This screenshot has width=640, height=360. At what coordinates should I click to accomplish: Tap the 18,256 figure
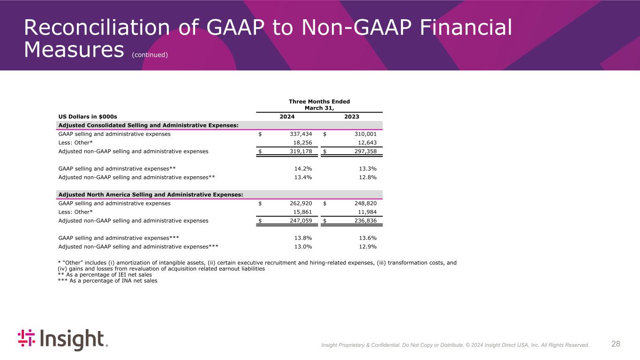click(300, 143)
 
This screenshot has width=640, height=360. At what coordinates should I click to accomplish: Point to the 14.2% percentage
click(302, 169)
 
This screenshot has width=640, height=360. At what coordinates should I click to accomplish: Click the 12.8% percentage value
click(367, 178)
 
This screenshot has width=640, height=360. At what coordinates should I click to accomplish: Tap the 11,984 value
click(364, 212)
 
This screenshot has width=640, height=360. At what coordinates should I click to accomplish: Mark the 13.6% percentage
click(367, 238)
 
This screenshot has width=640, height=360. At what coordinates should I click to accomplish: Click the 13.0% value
click(302, 247)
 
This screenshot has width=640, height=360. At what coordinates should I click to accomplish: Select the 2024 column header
click(287, 117)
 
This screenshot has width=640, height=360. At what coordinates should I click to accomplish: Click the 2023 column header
click(352, 117)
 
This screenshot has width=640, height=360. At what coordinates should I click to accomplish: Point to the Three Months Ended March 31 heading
click(319, 105)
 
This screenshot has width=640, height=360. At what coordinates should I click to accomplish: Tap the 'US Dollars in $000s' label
click(88, 117)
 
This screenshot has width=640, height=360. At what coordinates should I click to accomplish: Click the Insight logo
click(62, 340)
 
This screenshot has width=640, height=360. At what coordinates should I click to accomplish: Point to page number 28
click(616, 344)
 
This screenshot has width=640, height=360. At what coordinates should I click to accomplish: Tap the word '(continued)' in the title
click(150, 55)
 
